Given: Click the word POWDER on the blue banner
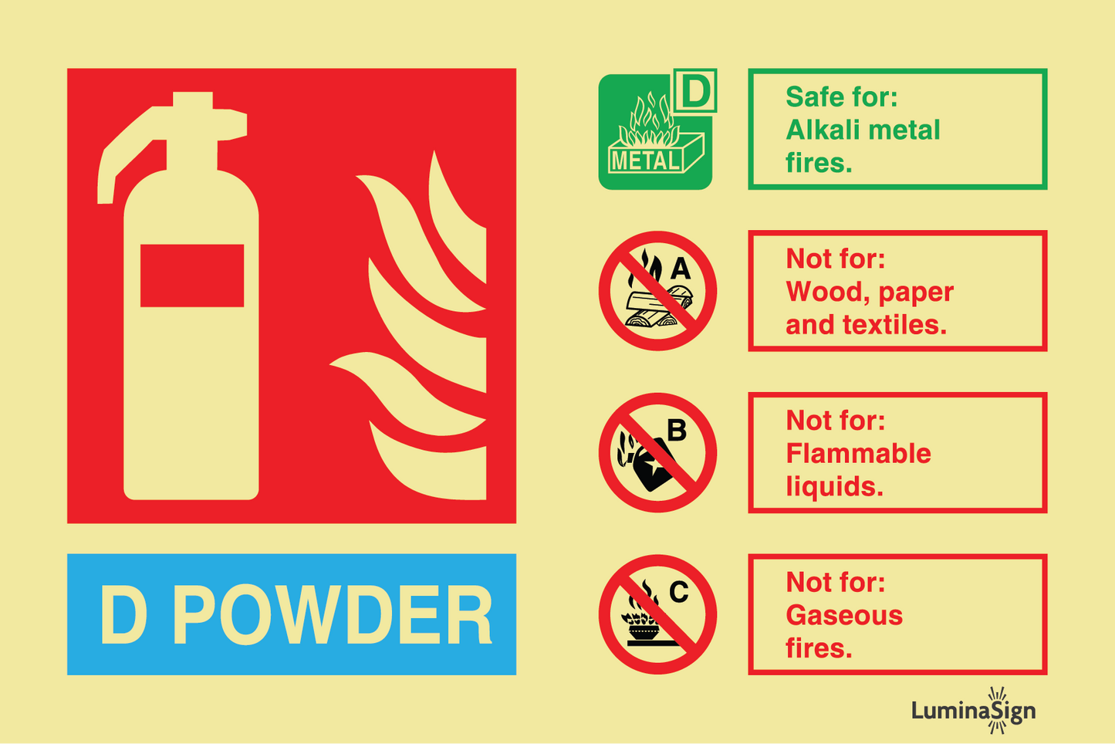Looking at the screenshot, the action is (332, 614).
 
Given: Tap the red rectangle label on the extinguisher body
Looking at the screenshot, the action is (192, 276).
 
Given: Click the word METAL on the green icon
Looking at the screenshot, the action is (645, 161).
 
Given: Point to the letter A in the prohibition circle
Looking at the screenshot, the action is (681, 269).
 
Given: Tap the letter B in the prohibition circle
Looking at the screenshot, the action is (677, 430).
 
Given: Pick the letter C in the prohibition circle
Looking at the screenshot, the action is (679, 592).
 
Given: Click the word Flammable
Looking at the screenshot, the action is (858, 454).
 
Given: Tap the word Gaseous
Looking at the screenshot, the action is (844, 616).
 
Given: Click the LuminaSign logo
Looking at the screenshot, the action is (973, 710).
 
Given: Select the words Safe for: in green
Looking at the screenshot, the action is (841, 96).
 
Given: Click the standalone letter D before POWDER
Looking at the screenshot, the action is (123, 614).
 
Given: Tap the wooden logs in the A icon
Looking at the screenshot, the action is (658, 306).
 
